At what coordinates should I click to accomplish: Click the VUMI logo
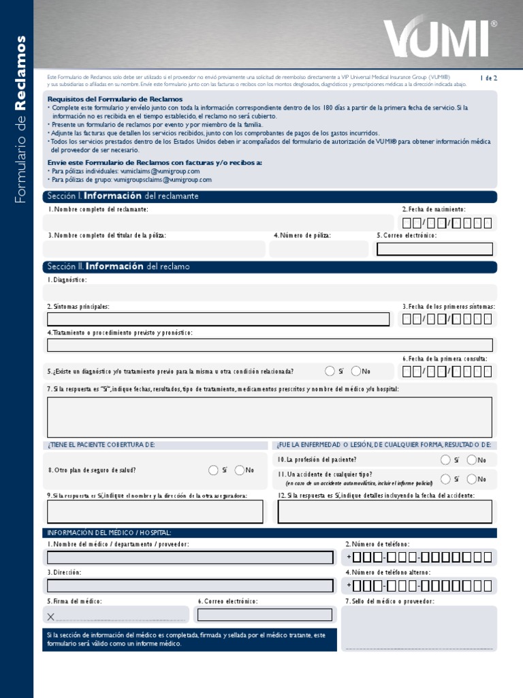point(439,37)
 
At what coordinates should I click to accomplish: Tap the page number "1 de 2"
point(488,78)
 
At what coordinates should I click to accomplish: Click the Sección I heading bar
point(270,196)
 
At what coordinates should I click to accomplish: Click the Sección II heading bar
point(270,267)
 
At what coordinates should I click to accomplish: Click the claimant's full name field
point(218,223)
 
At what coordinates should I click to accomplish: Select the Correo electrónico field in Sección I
point(434,249)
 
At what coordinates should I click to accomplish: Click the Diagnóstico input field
point(270,292)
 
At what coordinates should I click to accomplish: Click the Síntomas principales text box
point(218,319)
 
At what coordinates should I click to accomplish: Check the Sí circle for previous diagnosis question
point(330,371)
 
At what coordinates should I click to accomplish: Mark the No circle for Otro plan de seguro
point(240,470)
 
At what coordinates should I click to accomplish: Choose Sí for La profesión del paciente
point(445,459)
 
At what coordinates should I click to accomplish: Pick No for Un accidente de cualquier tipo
point(471,479)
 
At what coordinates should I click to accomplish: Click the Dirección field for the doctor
point(190,586)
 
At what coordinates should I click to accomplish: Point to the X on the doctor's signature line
point(51,617)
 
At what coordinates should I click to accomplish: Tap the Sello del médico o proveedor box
point(419,628)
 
